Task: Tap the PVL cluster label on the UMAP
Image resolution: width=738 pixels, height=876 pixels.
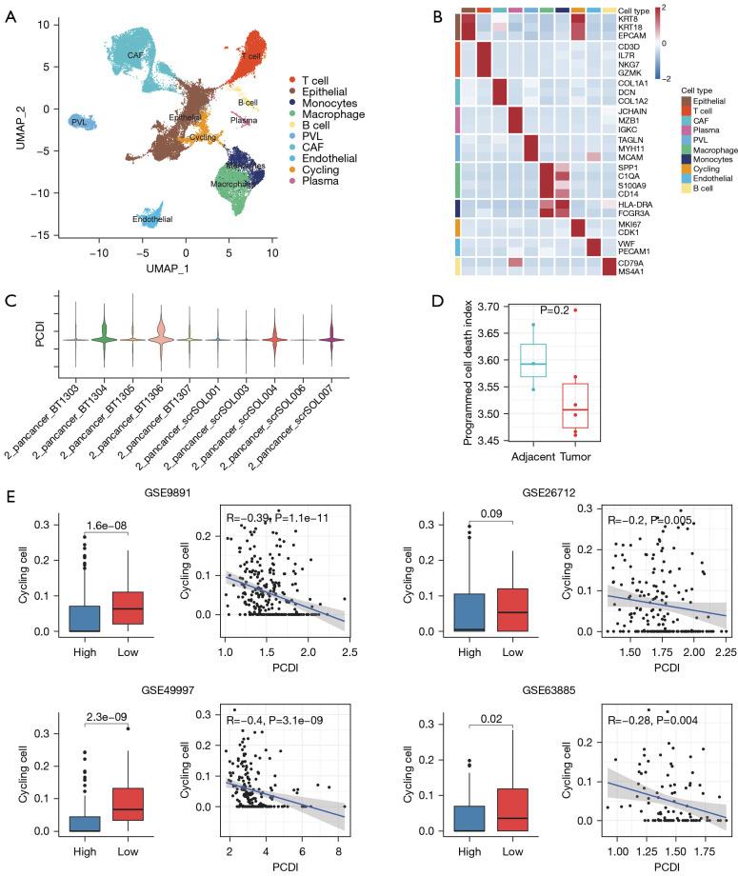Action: point(78,123)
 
